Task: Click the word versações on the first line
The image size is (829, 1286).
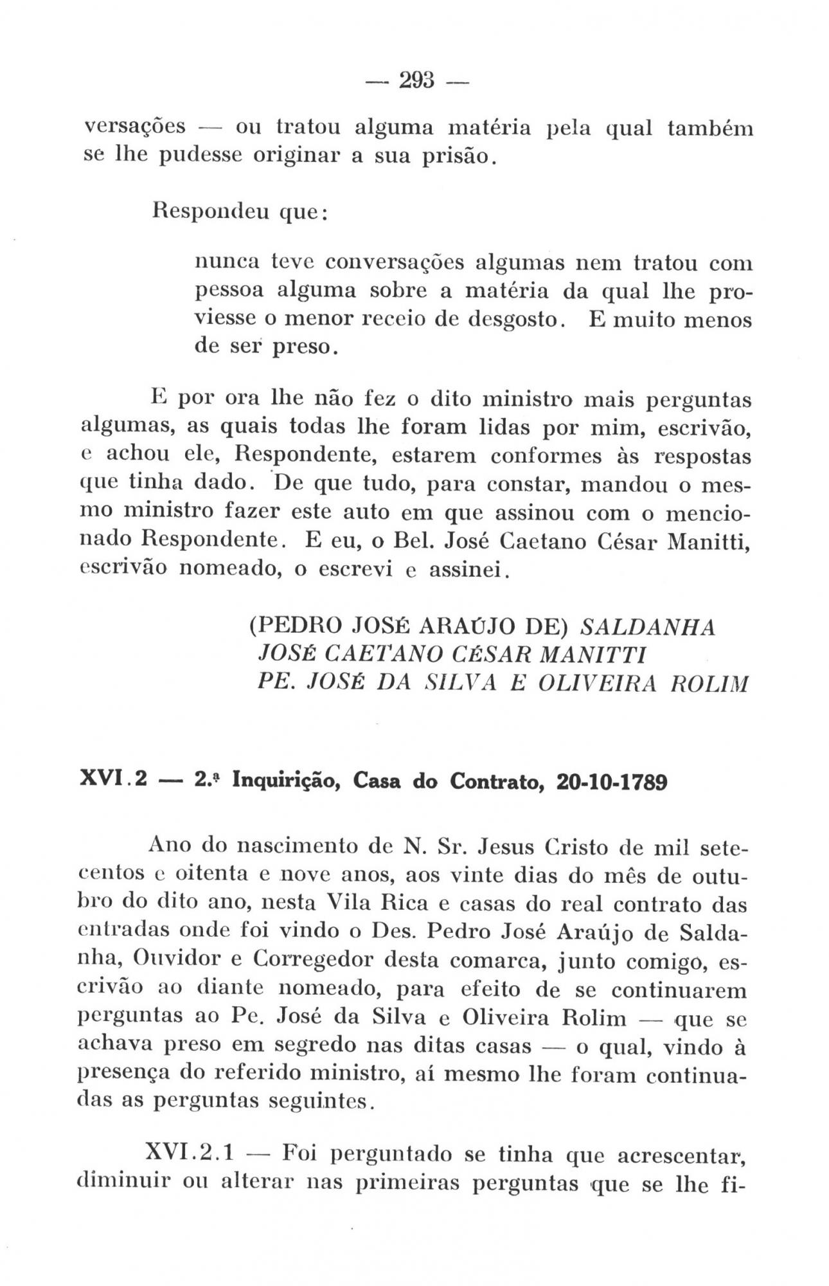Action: click(136, 127)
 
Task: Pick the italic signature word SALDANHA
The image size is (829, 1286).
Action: click(647, 626)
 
